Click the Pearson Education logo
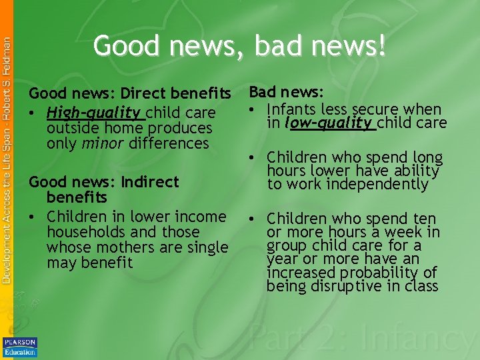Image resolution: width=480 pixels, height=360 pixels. point(20,347)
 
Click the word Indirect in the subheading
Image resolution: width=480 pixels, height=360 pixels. point(150,182)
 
